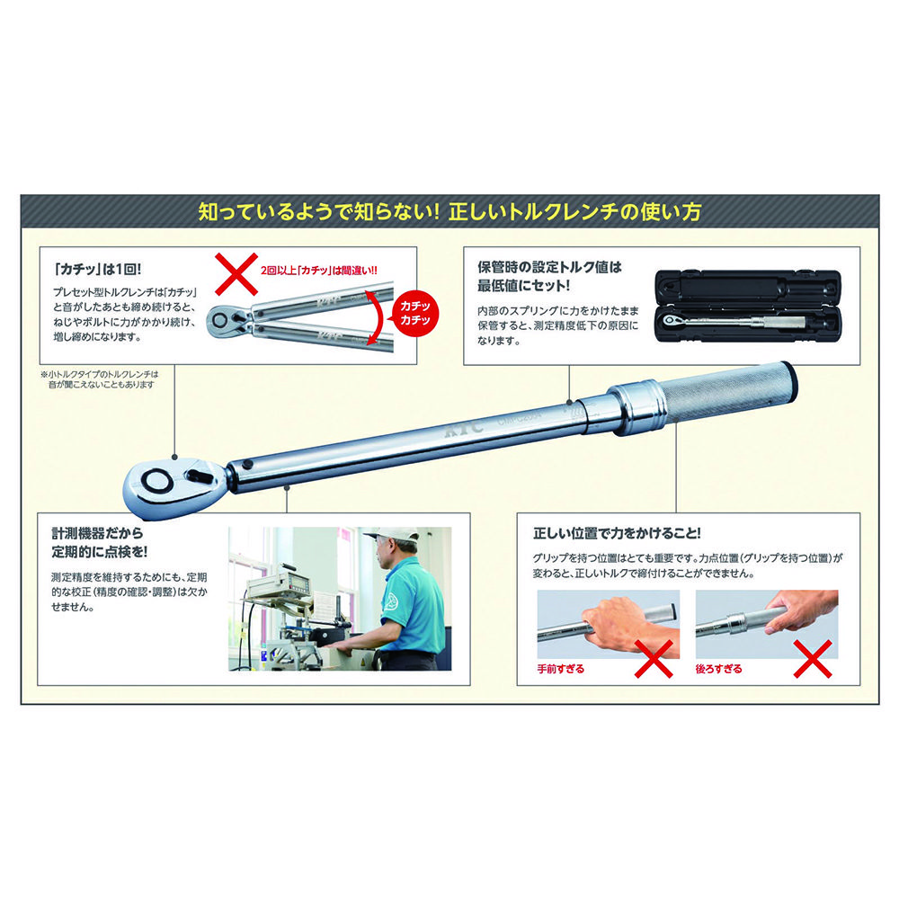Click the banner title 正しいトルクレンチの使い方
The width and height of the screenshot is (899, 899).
(575, 212)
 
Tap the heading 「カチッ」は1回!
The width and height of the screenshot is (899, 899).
(97, 269)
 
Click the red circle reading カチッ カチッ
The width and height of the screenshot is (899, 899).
(414, 313)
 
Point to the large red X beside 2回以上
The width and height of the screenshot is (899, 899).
(236, 274)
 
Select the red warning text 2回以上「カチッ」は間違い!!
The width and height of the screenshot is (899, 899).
(319, 270)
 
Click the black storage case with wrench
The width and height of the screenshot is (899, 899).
(748, 307)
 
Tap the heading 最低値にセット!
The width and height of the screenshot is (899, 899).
(523, 286)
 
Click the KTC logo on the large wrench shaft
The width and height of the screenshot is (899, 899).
(465, 430)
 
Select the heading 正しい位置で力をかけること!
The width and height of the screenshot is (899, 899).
(617, 533)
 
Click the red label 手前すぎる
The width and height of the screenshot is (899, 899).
(560, 669)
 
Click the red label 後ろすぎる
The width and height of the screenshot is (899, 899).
(718, 669)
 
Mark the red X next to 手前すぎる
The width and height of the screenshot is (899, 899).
(654, 659)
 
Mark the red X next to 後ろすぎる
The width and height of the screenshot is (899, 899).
(813, 659)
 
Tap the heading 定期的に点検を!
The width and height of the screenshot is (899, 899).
(99, 552)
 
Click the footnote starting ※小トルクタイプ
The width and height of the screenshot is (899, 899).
(99, 379)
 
